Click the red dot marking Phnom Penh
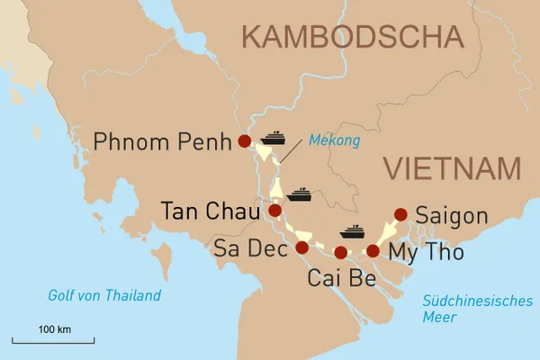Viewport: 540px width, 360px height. pyautogui.click(x=243, y=141)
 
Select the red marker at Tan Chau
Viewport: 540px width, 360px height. pyautogui.click(x=274, y=211)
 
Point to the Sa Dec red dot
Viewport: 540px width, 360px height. pyautogui.click(x=301, y=247)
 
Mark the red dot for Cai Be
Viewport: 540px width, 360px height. pyautogui.click(x=340, y=252)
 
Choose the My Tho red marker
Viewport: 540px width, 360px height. pyautogui.click(x=373, y=250)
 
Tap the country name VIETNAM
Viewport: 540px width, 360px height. pyautogui.click(x=452, y=168)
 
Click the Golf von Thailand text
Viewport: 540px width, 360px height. pyautogui.click(x=104, y=295)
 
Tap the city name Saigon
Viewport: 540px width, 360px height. pyautogui.click(x=452, y=217)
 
